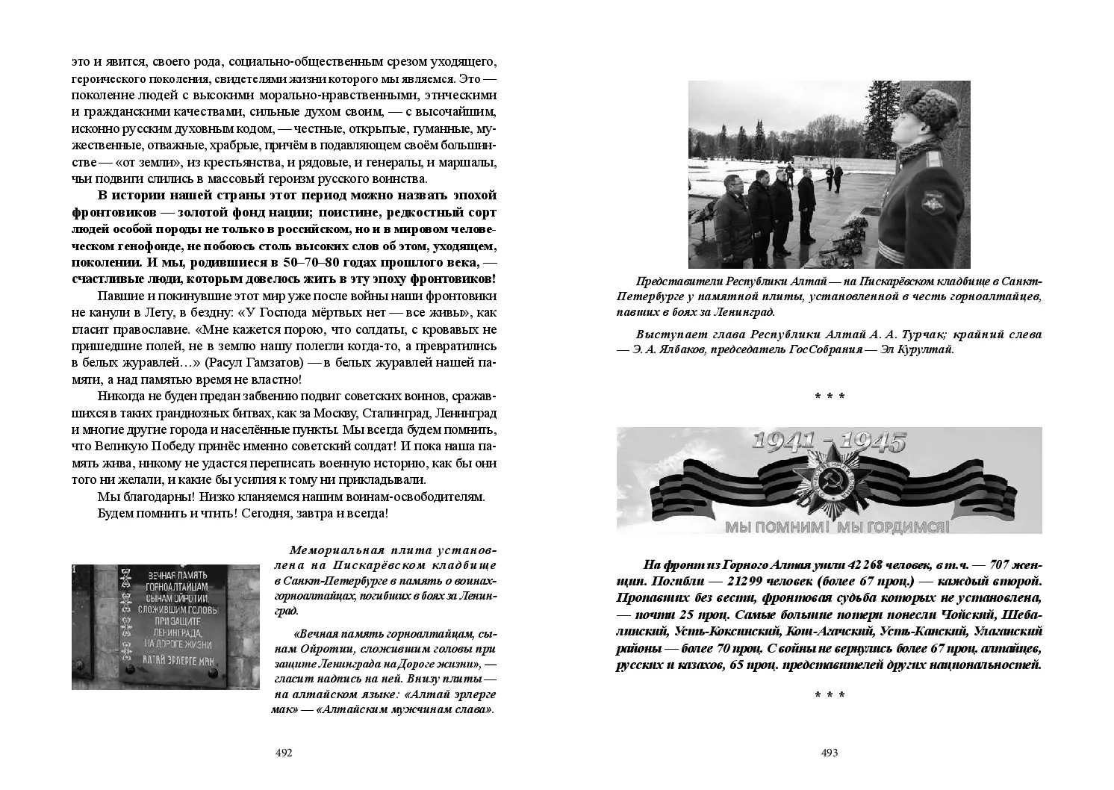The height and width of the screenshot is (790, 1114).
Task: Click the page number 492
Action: [284, 753]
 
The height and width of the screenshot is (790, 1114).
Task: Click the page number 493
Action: [830, 753]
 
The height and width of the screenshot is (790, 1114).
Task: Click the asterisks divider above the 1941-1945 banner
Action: [830, 396]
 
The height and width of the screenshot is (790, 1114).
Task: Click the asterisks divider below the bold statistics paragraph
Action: [830, 695]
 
